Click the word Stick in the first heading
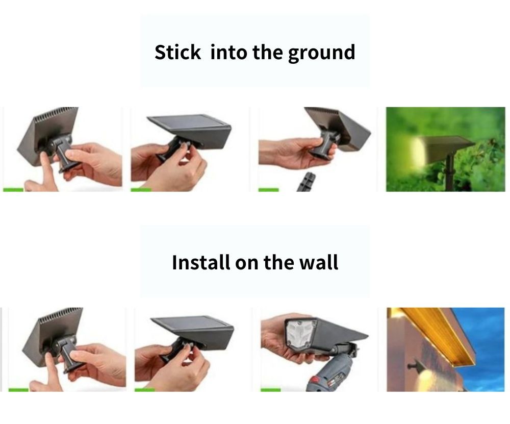pos(177,52)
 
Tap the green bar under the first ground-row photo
pos(13,190)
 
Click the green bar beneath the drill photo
pos(271,390)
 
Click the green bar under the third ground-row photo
pos(269,190)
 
